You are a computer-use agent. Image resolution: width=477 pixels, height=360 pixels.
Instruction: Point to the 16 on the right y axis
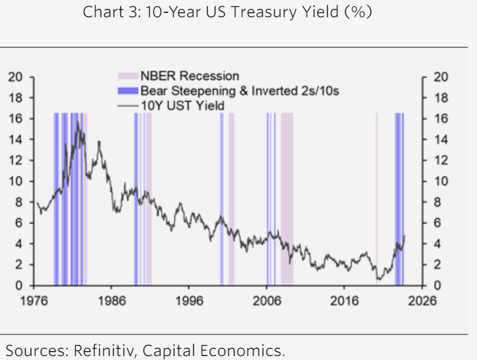click(x=440, y=119)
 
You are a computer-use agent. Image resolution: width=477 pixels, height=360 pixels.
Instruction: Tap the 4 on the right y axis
click(x=437, y=244)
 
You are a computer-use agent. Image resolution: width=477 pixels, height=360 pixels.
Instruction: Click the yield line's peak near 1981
click(x=78, y=122)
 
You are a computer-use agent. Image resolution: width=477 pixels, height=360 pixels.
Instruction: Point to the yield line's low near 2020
click(x=378, y=279)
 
